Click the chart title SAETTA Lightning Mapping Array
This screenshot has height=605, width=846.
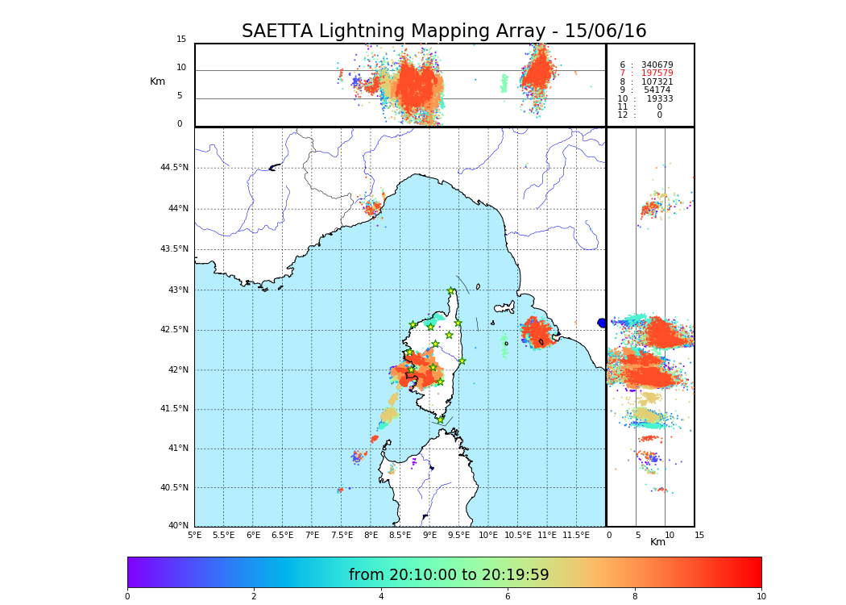pyautogui.click(x=444, y=31)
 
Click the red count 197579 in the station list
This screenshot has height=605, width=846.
pyautogui.click(x=657, y=73)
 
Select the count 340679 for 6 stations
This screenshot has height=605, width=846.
pyautogui.click(x=657, y=65)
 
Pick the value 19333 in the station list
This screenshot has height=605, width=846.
pyautogui.click(x=659, y=98)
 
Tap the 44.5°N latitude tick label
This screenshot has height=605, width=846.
pyautogui.click(x=174, y=168)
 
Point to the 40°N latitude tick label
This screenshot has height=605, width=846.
pyautogui.click(x=178, y=526)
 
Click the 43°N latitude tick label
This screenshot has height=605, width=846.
pyautogui.click(x=177, y=290)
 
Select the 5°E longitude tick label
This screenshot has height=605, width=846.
pyautogui.click(x=194, y=535)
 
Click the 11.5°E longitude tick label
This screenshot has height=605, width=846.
pyautogui.click(x=576, y=535)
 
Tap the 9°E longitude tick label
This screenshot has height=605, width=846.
pyautogui.click(x=429, y=535)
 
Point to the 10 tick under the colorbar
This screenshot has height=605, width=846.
pyautogui.click(x=761, y=596)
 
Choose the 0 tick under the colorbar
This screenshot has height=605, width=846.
pyautogui.click(x=127, y=596)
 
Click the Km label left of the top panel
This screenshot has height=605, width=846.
pyautogui.click(x=157, y=81)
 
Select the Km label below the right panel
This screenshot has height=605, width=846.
pyautogui.click(x=657, y=542)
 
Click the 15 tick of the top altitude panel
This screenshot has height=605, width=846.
pyautogui.click(x=181, y=40)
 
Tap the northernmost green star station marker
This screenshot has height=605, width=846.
pyautogui.click(x=451, y=291)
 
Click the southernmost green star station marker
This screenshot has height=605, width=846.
pyautogui.click(x=441, y=419)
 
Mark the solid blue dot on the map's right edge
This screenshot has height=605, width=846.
pyautogui.click(x=602, y=323)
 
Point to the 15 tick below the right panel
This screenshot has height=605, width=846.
pyautogui.click(x=699, y=535)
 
